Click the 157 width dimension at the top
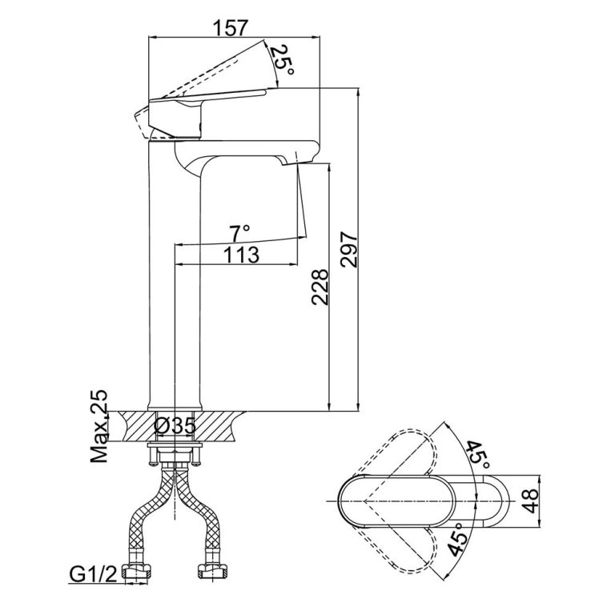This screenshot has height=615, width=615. coord(231,28)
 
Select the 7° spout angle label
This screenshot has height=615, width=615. coord(239,232)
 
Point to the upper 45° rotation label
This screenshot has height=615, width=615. coord(478,454)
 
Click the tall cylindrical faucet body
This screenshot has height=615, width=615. coord(175,320)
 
